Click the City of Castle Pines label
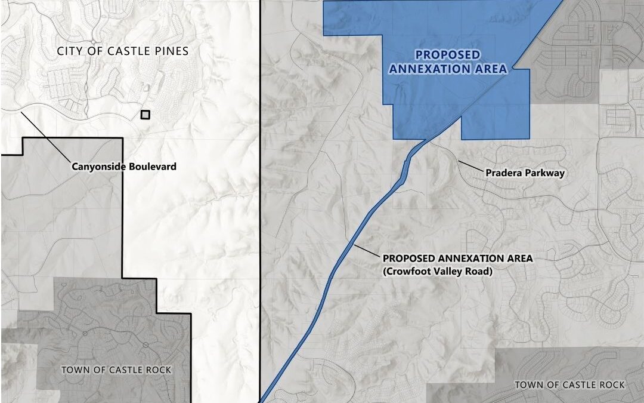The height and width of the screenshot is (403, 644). coord(123,51)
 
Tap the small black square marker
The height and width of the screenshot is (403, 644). coord(145,115)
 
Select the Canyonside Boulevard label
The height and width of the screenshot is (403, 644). coord(124,166)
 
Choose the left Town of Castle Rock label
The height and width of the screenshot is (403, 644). coord(116,370)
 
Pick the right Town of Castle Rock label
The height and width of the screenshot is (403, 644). coord(570,384)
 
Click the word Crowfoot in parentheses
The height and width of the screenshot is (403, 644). coord(408,270)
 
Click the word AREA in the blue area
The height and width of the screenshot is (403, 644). coord(491,69)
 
